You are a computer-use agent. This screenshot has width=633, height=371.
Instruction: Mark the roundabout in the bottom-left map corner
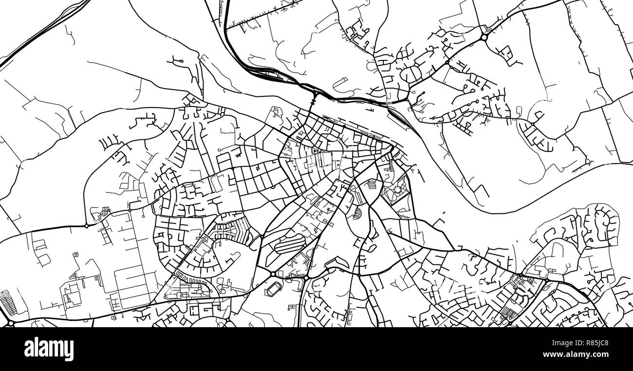click(x=10, y=322)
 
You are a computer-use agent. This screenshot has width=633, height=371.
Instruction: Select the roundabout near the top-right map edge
click(x=484, y=37)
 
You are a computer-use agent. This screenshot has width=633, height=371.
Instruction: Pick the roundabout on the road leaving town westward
click(x=87, y=225)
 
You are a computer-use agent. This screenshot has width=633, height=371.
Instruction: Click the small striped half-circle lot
click(x=357, y=212)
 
